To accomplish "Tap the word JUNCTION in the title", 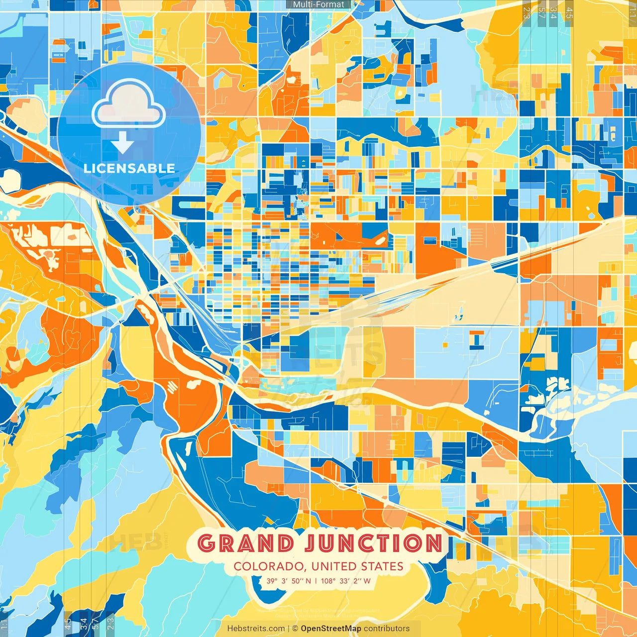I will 373,543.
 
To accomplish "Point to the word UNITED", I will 335,566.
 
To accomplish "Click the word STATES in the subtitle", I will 383,566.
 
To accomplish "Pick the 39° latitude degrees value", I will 272,581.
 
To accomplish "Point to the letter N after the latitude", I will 309,581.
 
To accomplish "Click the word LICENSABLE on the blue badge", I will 129,168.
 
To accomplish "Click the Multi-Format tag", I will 318,4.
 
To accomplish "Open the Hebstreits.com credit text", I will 256,629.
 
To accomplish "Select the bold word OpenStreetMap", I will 331,629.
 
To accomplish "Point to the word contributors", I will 387,629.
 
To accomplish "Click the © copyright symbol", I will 295,629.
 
